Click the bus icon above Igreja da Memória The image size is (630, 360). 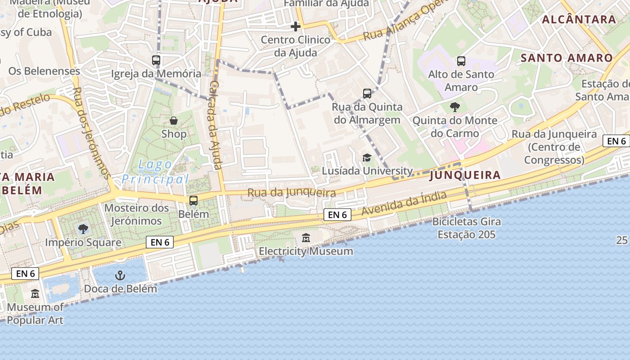pyautogui.click(x=156, y=60)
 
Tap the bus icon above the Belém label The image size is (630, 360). pyautogui.click(x=193, y=200)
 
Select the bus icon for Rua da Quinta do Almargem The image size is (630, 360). pyautogui.click(x=367, y=94)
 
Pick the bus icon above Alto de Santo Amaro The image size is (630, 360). pyautogui.click(x=461, y=61)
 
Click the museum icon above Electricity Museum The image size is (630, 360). pyautogui.click(x=306, y=238)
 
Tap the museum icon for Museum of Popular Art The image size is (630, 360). pyautogui.click(x=35, y=294)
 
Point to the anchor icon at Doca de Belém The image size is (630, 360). pyautogui.click(x=120, y=275)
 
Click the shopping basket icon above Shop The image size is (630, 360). pyautogui.click(x=174, y=120)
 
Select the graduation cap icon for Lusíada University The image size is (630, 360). pyautogui.click(x=367, y=157)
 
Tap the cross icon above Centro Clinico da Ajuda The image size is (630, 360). pyautogui.click(x=296, y=27)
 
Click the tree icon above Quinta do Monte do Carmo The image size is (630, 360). pyautogui.click(x=455, y=107)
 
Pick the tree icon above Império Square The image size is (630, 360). pyautogui.click(x=83, y=229)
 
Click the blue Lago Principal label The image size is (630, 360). pyautogui.click(x=155, y=172)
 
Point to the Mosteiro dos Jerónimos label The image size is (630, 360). pyautogui.click(x=137, y=214)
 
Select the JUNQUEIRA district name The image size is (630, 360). pyautogui.click(x=465, y=175)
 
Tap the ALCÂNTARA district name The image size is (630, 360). pyautogui.click(x=579, y=19)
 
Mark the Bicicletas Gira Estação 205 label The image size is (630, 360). pyautogui.click(x=467, y=228)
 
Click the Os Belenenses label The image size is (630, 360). pyautogui.click(x=44, y=71)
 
